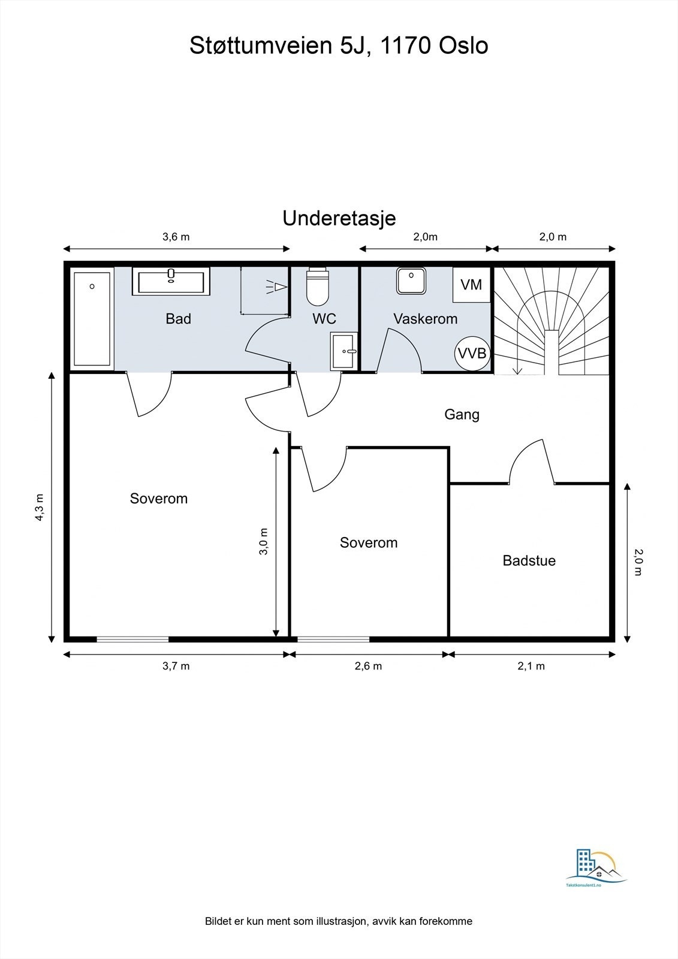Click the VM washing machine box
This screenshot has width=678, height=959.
[471, 284]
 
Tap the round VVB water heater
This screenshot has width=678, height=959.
[472, 353]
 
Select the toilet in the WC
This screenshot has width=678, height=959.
[317, 287]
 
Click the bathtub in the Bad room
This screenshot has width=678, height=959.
[92, 318]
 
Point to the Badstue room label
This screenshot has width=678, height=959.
[529, 560]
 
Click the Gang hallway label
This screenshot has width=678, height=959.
[462, 414]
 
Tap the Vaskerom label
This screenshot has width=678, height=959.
[425, 318]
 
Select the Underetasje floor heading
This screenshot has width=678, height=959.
[339, 218]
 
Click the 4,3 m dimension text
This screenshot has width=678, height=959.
[40, 507]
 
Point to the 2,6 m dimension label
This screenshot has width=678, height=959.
[368, 666]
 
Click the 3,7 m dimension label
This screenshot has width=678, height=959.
[176, 666]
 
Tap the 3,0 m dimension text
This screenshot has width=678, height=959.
[263, 541]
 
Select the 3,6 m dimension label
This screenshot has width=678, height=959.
[176, 237]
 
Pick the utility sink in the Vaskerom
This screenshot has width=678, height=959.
[411, 281]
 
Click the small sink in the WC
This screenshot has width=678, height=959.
[344, 351]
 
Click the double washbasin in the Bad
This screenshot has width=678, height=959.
[171, 281]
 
